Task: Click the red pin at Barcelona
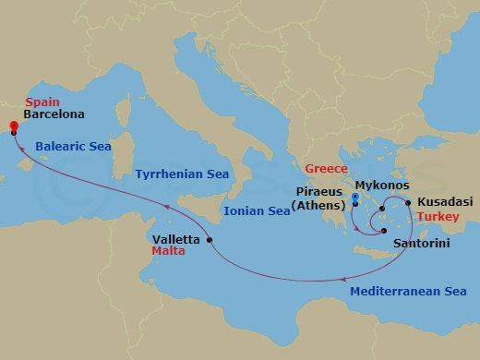pyautogui.click(x=13, y=127)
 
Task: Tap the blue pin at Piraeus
pyautogui.click(x=355, y=197)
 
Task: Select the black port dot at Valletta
pyautogui.click(x=210, y=241)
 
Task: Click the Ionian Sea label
pyautogui.click(x=257, y=211)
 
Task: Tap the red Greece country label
pyautogui.click(x=326, y=169)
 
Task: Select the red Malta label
pyautogui.click(x=167, y=249)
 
